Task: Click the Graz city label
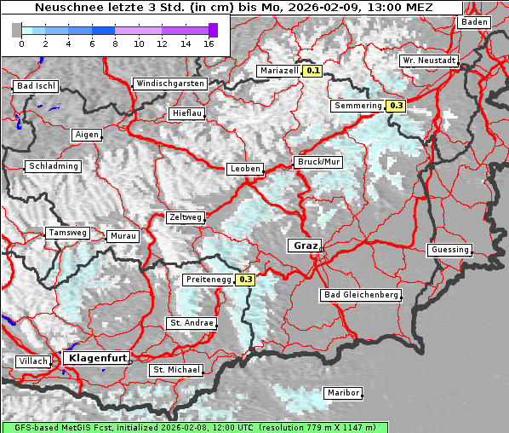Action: coord(304,245)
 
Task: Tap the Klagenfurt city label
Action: coord(95,358)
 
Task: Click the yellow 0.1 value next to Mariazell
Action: coord(313,71)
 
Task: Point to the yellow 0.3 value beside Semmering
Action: coord(396,106)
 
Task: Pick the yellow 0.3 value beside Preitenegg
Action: coord(246,279)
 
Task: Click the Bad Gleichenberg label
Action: coord(361,295)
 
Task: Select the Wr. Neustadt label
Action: coord(429,61)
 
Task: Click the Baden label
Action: coord(473,22)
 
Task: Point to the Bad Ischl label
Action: coord(36,86)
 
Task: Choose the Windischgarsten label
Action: coord(169,84)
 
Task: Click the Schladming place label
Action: coord(54,166)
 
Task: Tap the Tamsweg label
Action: coord(67,233)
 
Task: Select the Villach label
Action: coord(33,361)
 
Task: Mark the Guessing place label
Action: coord(449,250)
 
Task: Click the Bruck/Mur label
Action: coord(317,161)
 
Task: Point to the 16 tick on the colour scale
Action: coord(209,43)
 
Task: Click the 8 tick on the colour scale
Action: coord(115,43)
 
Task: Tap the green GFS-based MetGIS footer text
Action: coord(194,427)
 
